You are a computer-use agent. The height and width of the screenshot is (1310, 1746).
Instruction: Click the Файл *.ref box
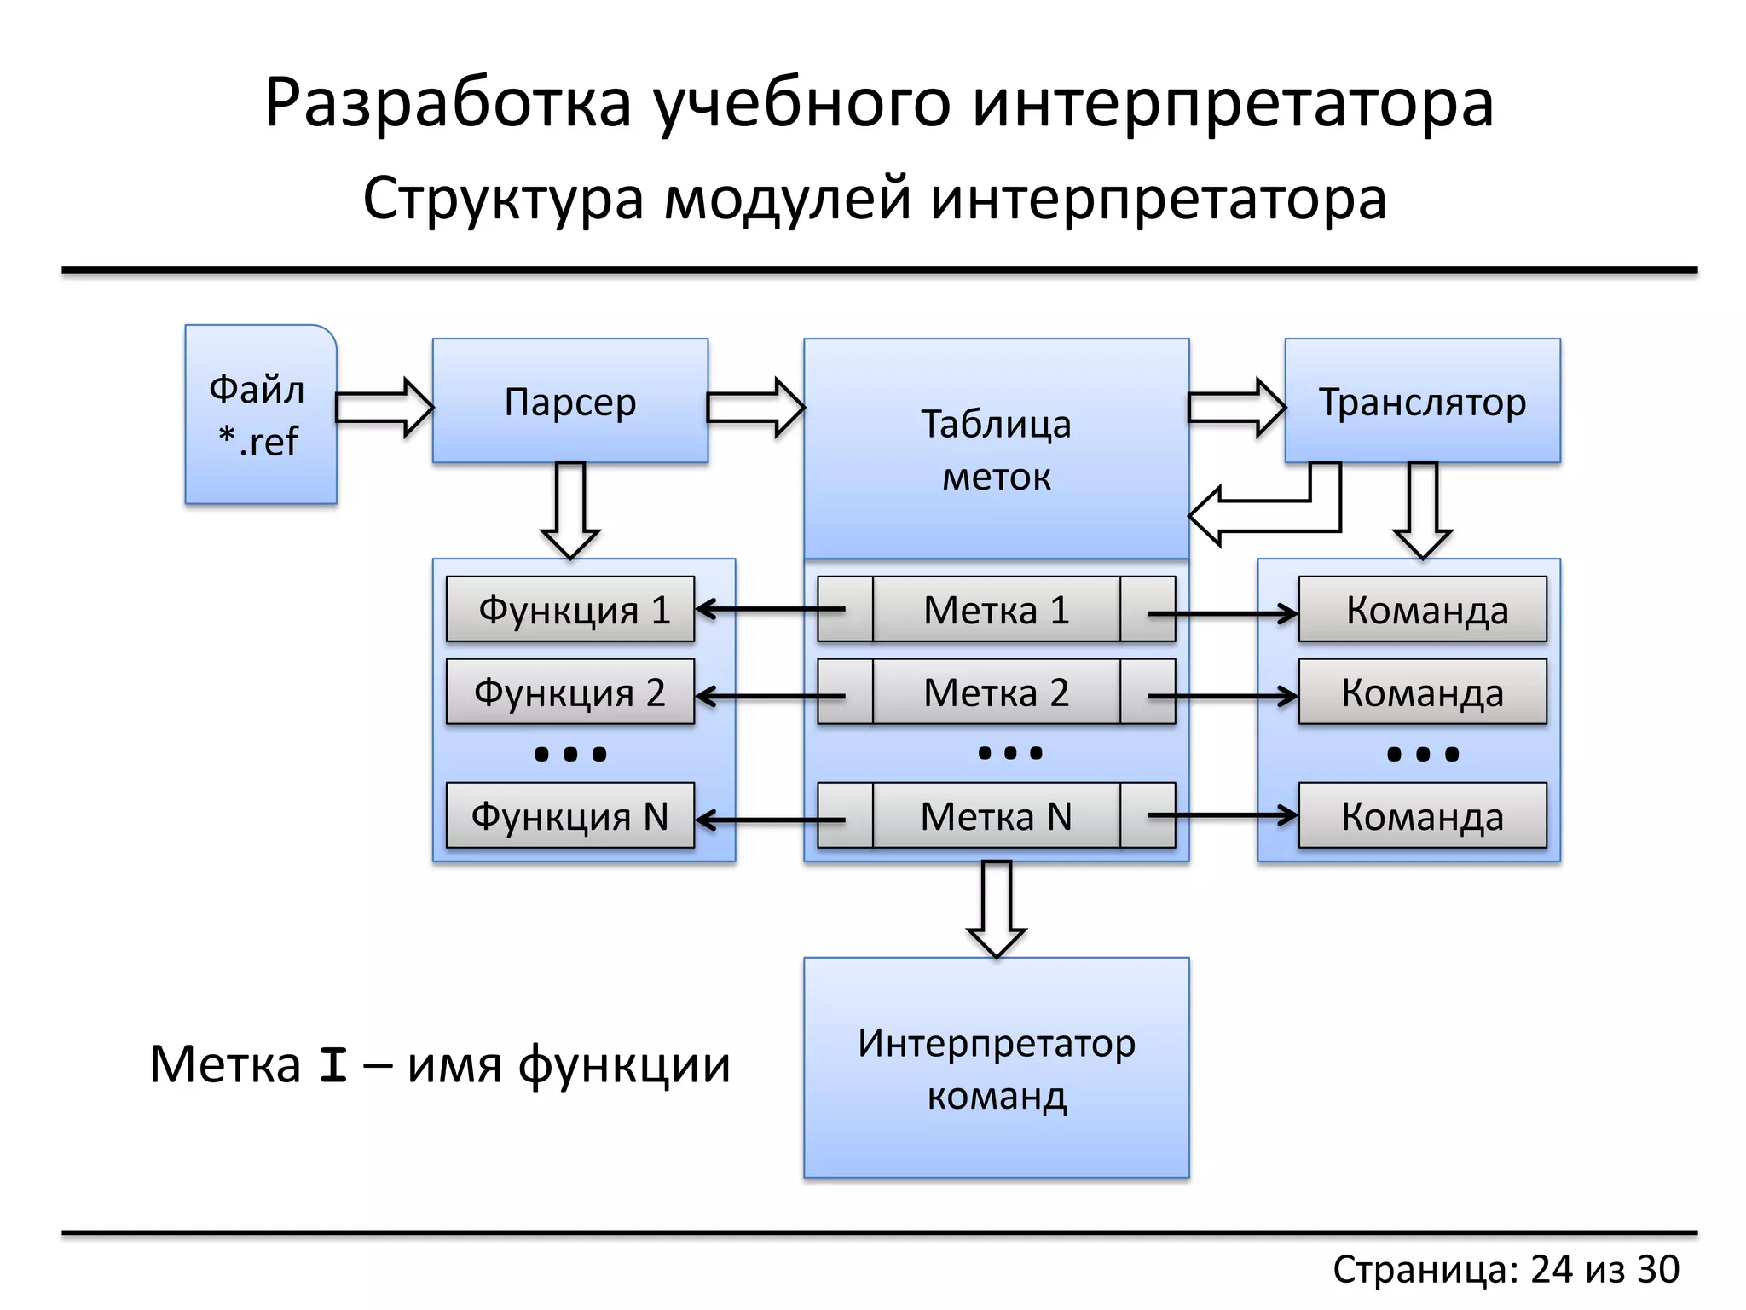coord(260,415)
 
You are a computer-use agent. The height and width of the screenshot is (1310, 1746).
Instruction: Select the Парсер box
coord(569,401)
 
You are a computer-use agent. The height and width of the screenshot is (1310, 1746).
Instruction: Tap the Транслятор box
coord(1422,401)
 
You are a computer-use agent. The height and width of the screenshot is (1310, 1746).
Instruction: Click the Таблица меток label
coord(996,449)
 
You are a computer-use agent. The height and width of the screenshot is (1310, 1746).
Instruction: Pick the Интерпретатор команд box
coord(996,1068)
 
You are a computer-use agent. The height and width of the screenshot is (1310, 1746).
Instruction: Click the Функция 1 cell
coord(569,610)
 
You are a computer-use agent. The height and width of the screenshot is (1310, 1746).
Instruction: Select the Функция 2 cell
coord(569,692)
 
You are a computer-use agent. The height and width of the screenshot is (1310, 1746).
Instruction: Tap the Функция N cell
coord(569,816)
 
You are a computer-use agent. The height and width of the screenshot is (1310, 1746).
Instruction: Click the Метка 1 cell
coord(996,610)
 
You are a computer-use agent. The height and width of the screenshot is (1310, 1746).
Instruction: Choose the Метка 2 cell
coord(996,692)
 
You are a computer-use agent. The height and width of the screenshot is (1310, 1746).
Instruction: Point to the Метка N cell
coord(996,816)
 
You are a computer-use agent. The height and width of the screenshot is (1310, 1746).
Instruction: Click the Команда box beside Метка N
coord(1422,816)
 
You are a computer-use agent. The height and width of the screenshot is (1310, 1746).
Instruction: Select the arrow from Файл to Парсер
coord(384,408)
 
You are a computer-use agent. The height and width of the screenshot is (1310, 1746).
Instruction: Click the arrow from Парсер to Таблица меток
coord(755,408)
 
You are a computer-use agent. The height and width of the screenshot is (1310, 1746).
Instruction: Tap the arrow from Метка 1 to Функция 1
coord(767,609)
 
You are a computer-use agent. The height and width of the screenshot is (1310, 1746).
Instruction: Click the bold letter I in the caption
coord(332,1066)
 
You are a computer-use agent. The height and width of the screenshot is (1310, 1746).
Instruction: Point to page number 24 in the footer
coord(1552,1269)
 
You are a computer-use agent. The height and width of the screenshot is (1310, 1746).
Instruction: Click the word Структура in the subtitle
coord(503,198)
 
